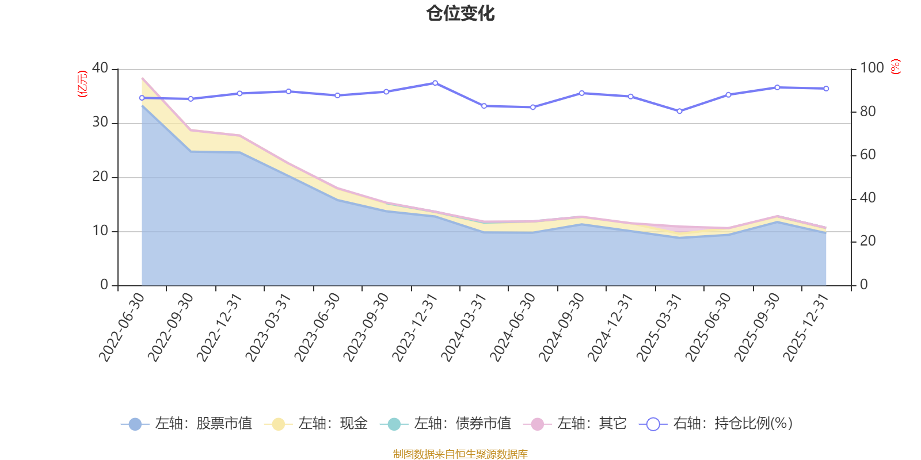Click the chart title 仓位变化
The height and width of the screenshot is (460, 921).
[x=460, y=13]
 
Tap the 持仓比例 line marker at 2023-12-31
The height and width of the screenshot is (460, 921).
[x=435, y=83]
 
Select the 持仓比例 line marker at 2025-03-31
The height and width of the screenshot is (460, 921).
[x=679, y=111]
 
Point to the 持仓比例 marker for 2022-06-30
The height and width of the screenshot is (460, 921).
[x=142, y=98]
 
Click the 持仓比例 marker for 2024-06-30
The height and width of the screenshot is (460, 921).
[x=533, y=107]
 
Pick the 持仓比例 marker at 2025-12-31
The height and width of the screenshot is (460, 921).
[x=826, y=89]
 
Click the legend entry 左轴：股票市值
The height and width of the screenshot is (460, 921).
[x=187, y=423]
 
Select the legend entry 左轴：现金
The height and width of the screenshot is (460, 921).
[x=315, y=423]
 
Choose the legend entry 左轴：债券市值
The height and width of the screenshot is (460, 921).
[x=446, y=423]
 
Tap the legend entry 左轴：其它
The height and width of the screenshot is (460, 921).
[x=575, y=423]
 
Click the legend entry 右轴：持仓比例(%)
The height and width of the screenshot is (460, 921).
[x=716, y=423]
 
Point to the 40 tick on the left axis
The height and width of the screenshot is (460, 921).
[x=100, y=68]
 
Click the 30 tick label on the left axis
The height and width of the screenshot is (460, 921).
[x=100, y=122]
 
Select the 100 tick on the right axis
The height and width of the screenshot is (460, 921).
[x=871, y=68]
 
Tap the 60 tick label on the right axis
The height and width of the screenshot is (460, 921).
[x=867, y=155]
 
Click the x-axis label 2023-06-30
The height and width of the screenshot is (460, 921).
[x=317, y=327]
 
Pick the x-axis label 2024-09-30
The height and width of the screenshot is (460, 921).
[x=561, y=327]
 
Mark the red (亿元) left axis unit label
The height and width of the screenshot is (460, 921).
[x=83, y=84]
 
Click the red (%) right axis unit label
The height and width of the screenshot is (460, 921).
[x=896, y=67]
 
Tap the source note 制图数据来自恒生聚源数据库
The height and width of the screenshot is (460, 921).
[x=460, y=454]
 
